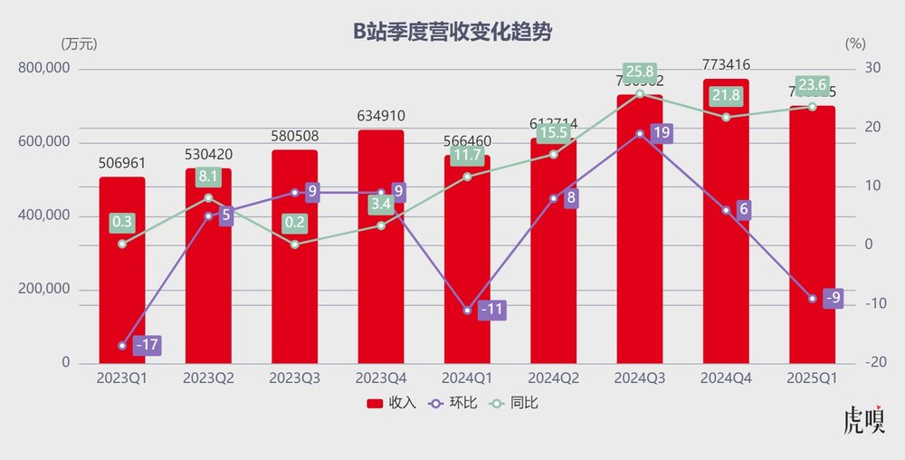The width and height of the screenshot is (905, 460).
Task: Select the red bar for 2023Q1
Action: (x=122, y=290)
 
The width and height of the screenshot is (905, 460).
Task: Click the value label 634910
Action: (x=381, y=116)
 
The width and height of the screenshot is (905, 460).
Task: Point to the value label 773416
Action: (x=726, y=64)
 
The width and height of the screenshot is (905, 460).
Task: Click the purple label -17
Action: (x=148, y=345)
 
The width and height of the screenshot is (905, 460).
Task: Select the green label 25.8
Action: (x=639, y=71)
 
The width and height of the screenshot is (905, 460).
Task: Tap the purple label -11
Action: (x=491, y=309)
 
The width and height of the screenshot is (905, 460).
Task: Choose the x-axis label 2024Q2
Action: (x=554, y=376)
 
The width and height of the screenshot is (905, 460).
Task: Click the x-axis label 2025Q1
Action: (x=813, y=376)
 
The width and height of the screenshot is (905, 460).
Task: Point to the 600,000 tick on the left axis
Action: (x=43, y=143)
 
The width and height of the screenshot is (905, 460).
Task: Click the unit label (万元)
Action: (x=79, y=43)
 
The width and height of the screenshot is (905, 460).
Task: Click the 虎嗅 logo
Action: (x=862, y=424)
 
